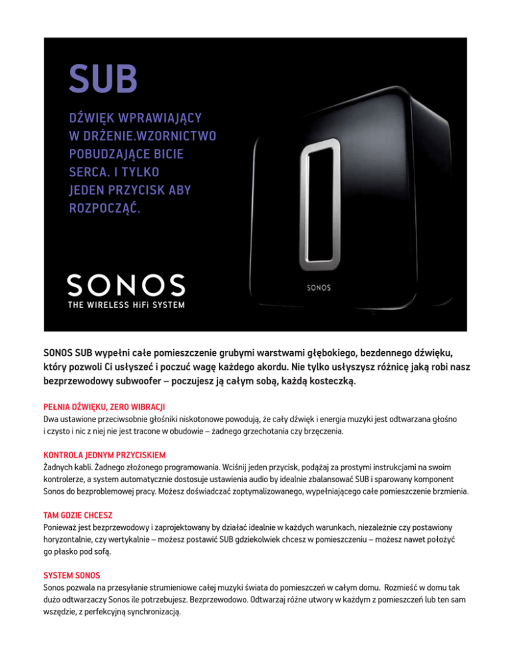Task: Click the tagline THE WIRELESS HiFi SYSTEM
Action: tap(126, 306)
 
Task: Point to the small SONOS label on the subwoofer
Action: tap(317, 289)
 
